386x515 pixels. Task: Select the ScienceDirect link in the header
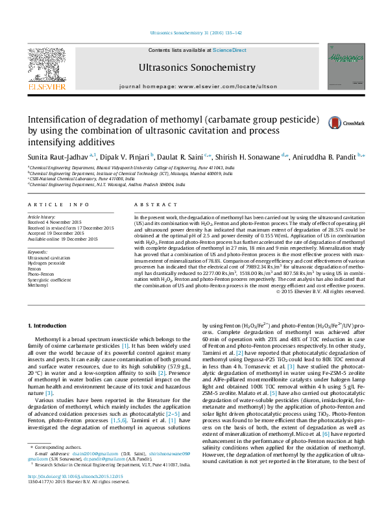click(x=230, y=50)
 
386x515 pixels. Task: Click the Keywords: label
click(x=38, y=252)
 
